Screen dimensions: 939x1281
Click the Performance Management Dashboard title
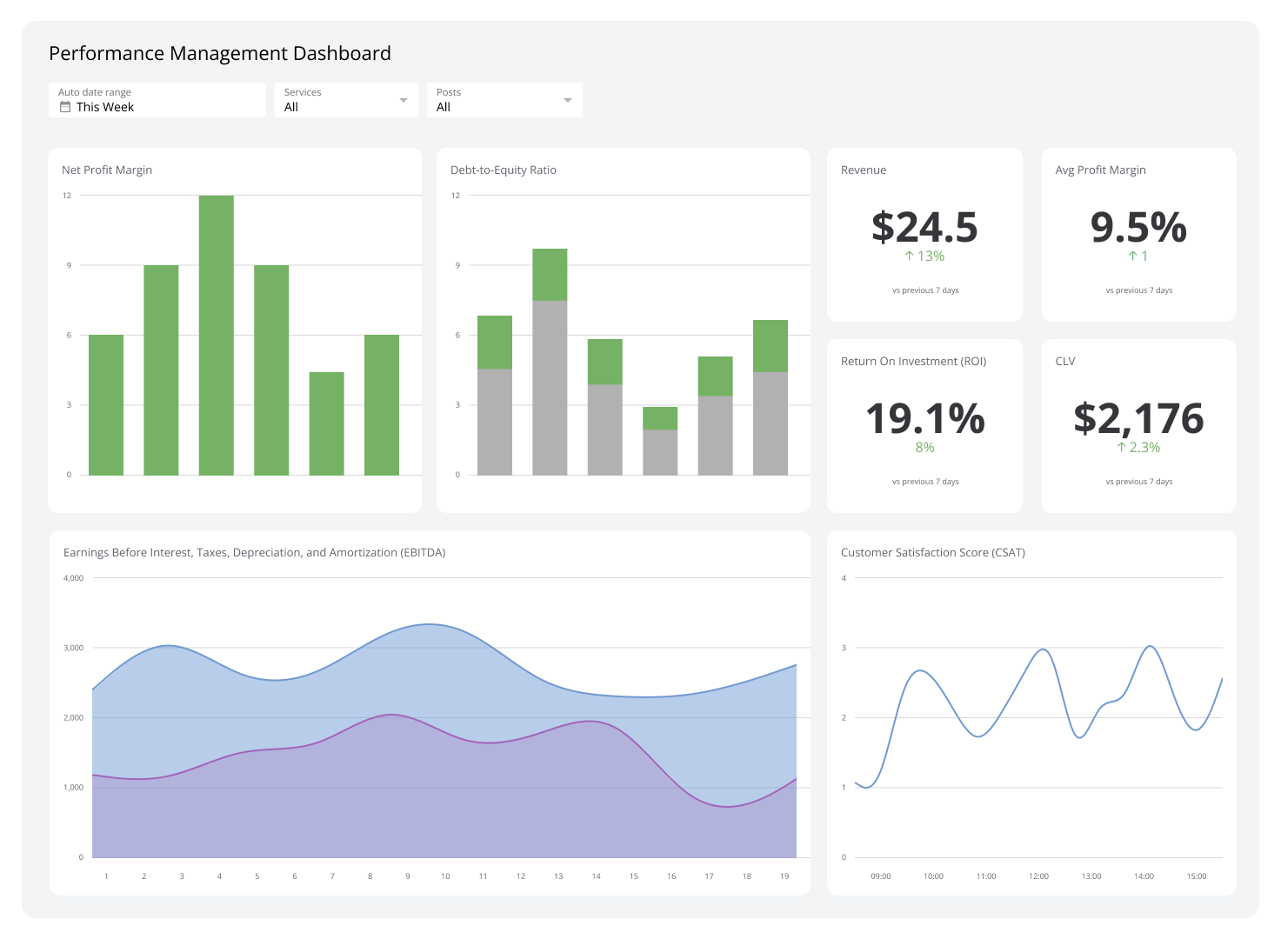click(220, 54)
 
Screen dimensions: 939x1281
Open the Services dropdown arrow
click(403, 101)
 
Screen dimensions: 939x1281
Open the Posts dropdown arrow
click(567, 101)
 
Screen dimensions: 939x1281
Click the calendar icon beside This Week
click(65, 107)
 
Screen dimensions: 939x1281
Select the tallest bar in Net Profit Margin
click(216, 335)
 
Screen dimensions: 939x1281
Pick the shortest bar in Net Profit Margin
click(326, 423)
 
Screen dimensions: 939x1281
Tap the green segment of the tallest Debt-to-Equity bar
click(550, 275)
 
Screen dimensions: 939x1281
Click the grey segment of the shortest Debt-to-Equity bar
click(660, 452)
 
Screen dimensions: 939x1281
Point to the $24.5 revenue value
click(924, 227)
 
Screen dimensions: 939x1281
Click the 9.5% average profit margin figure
click(1138, 227)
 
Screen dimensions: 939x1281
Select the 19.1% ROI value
click(924, 418)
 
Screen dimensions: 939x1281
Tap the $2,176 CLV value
click(1138, 418)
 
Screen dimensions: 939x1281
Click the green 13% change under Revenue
click(924, 256)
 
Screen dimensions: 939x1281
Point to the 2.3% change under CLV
click(1138, 448)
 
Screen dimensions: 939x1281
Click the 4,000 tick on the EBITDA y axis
click(74, 578)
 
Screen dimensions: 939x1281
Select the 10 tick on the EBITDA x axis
click(445, 876)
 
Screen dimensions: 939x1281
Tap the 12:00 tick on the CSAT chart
click(1038, 876)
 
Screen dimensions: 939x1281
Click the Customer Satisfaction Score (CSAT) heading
click(932, 553)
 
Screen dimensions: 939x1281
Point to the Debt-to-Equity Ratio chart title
click(503, 170)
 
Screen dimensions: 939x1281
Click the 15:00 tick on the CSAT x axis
click(1197, 876)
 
